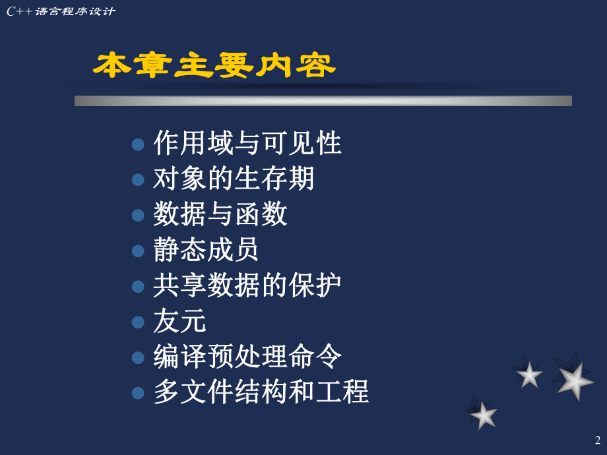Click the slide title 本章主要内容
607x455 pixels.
214,66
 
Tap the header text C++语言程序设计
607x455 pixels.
61,11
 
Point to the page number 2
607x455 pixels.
598,440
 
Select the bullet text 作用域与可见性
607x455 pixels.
247,143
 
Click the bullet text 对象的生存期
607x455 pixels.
234,179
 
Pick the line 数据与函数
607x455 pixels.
220,214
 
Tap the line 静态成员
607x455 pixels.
206,250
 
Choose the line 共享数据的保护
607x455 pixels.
247,286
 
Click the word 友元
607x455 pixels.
179,321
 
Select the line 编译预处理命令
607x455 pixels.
247,357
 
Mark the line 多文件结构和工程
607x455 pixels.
261,392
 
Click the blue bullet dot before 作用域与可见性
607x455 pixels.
138,144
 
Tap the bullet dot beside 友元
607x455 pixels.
138,322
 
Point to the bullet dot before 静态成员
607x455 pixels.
138,251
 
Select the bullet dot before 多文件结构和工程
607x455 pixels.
138,394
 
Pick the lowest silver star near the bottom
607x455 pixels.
484,415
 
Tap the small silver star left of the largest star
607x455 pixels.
529,375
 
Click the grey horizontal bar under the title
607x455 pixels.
323,101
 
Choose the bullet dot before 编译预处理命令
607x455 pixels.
138,358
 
